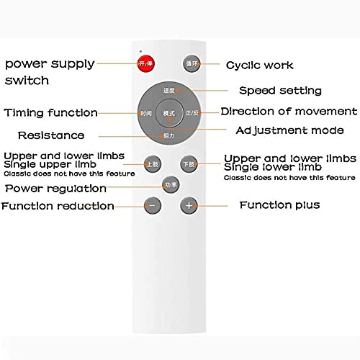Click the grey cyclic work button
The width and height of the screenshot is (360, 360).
191,63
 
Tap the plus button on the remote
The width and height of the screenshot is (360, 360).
189,205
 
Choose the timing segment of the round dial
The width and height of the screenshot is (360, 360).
146,114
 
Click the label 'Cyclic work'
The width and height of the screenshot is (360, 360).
260,66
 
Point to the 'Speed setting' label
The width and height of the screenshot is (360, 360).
280,91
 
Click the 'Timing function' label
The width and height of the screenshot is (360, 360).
51,113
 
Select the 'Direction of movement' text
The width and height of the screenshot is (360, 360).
288,111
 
